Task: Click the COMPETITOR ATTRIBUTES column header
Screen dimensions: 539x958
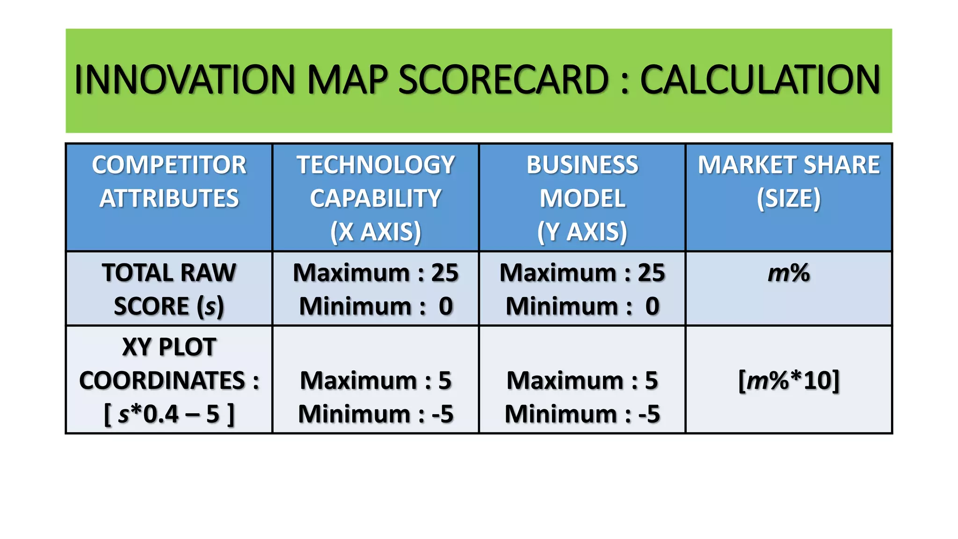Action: coord(169,182)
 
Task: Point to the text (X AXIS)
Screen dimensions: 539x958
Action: coord(376,232)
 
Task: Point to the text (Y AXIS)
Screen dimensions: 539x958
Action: coord(582,232)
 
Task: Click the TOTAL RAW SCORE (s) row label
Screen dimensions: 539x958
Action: coord(169,289)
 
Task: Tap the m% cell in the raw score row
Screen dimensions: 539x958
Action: coord(789,273)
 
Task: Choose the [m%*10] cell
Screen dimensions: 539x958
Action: coord(789,380)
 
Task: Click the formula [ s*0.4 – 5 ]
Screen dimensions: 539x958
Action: coord(169,414)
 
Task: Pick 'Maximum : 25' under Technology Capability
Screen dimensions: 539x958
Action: coord(376,273)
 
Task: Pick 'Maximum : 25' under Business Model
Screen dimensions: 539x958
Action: coord(582,273)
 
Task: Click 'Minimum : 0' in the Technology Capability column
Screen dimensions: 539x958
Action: coord(376,306)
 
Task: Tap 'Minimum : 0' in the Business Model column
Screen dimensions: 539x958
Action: coord(582,306)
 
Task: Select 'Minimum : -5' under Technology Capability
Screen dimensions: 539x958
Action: coord(376,414)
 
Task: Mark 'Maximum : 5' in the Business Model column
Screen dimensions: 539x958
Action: coord(582,380)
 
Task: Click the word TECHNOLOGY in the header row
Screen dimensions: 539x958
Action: coord(376,165)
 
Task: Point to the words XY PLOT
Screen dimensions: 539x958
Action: coord(169,347)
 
